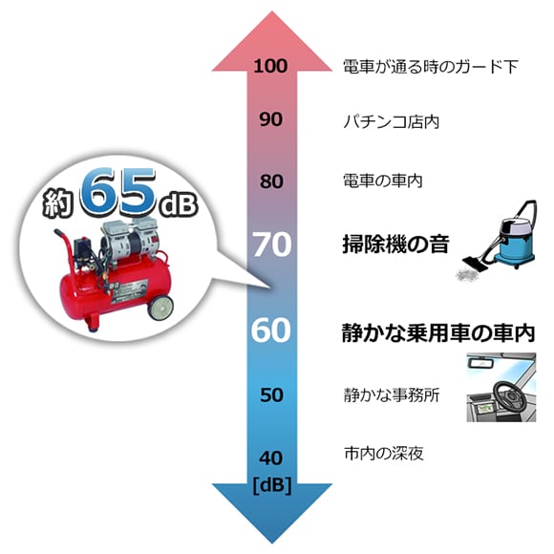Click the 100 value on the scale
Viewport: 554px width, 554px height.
point(270,66)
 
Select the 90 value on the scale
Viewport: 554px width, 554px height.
point(271,119)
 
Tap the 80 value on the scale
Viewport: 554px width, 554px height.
point(271,181)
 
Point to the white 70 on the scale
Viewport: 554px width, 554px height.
point(272,245)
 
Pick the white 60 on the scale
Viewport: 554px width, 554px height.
point(271,330)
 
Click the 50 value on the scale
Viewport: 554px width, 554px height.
point(271,394)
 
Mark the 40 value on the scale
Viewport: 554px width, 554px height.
point(271,458)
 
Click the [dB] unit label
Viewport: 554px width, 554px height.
point(272,485)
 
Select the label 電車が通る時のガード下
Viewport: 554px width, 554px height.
point(431,67)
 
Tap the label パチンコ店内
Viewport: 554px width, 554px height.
point(392,122)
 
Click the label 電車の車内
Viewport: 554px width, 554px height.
point(383,181)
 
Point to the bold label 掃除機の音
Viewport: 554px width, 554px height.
point(395,244)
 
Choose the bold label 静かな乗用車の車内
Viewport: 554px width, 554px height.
point(438,332)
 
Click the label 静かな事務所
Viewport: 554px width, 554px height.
point(392,395)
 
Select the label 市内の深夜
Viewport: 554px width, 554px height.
point(384,453)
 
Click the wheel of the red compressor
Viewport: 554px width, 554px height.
point(160,307)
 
